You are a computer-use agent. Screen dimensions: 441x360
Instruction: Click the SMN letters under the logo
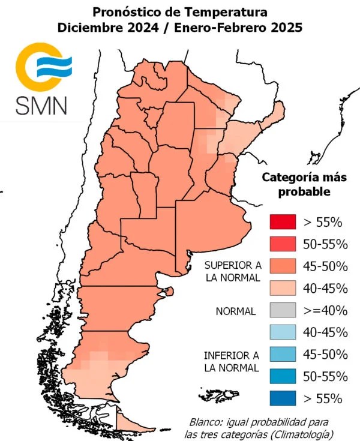point(41,104)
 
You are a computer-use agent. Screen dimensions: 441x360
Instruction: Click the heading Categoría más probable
point(305,185)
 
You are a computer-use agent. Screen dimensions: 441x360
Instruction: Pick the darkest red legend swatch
point(283,222)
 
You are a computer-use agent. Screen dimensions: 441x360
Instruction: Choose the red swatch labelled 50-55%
point(283,244)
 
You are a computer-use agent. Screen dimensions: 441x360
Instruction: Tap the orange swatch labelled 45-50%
point(283,266)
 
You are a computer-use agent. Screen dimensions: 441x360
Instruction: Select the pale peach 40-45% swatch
point(283,288)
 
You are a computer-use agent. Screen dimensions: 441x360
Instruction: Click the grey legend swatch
point(283,310)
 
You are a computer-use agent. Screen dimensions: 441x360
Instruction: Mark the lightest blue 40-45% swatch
point(283,332)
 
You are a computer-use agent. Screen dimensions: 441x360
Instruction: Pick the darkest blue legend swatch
point(283,398)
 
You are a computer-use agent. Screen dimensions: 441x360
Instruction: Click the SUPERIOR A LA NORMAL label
point(232,271)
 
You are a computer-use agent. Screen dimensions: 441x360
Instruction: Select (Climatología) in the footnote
point(300,434)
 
